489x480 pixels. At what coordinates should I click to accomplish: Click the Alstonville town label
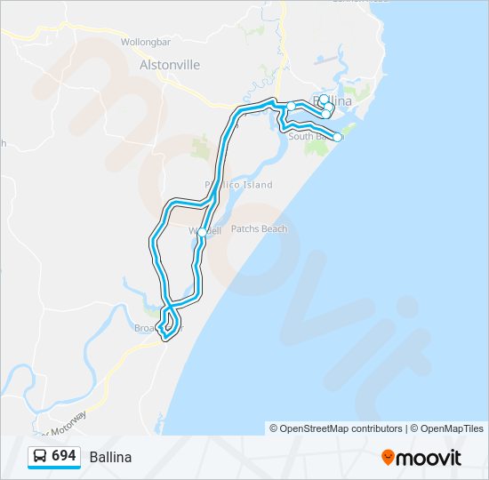tap(170, 65)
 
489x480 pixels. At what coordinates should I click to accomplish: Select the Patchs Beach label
tap(259, 229)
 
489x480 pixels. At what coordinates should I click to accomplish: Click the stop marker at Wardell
tap(202, 233)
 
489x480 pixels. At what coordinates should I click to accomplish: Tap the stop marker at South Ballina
tap(338, 137)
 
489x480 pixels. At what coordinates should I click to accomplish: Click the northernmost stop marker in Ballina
tap(325, 100)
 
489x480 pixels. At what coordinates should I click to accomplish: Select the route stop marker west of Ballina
tap(291, 107)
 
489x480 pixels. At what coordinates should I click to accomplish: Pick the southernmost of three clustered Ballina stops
tap(325, 114)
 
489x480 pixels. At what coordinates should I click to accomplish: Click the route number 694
tap(63, 456)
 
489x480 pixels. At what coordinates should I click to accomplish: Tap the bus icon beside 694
tap(40, 457)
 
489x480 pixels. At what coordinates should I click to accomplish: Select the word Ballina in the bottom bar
tap(110, 457)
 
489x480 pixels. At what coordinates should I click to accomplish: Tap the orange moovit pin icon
tap(389, 458)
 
